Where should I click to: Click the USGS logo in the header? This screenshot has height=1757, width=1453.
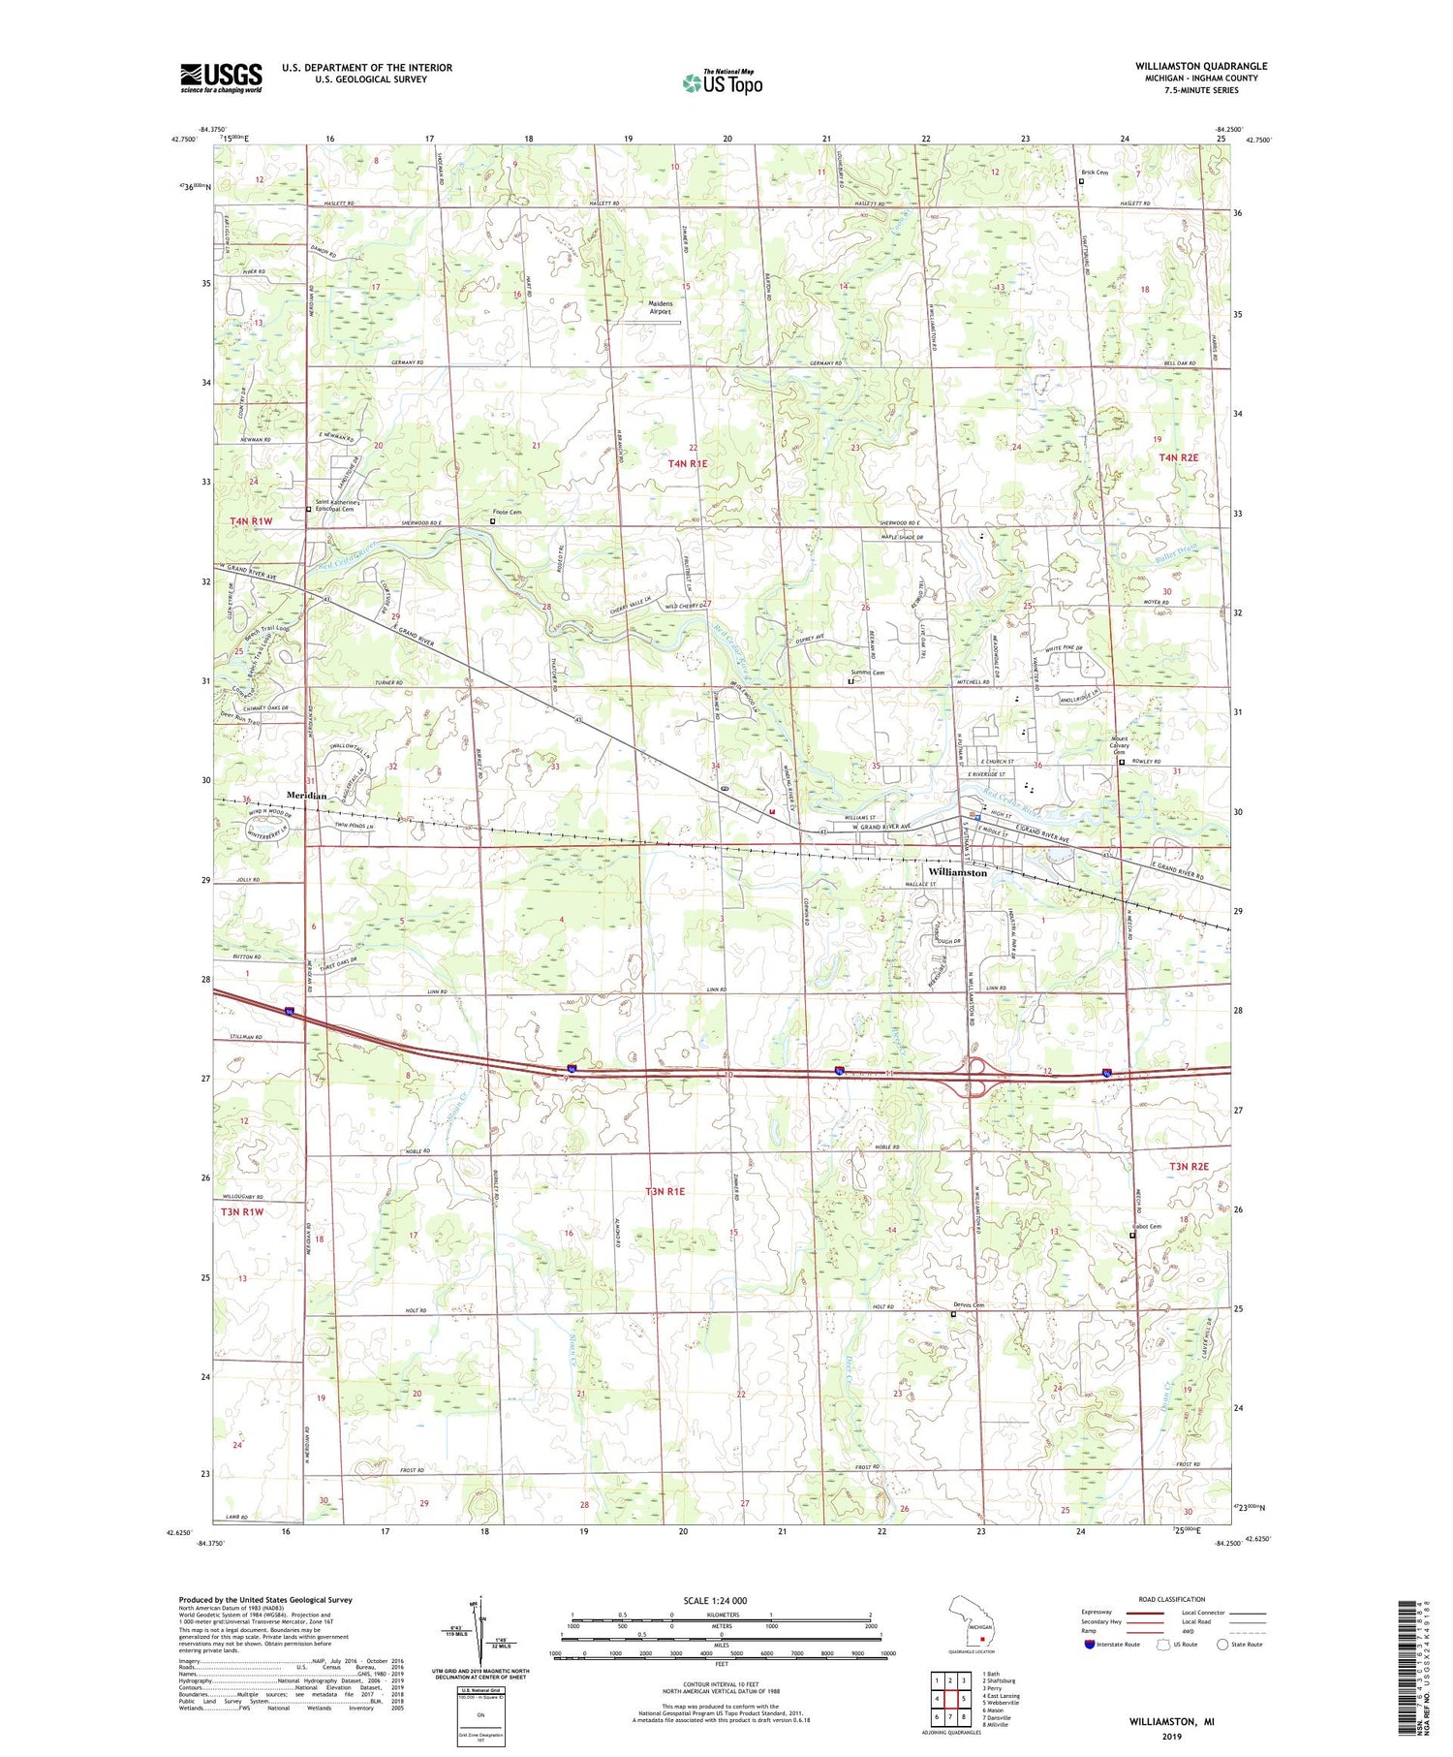(221, 78)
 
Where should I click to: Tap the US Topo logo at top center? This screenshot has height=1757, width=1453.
(722, 83)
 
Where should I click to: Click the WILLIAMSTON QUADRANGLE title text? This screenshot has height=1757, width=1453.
(1201, 66)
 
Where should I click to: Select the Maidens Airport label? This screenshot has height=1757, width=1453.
(660, 307)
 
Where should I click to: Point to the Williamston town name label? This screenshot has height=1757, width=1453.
(957, 872)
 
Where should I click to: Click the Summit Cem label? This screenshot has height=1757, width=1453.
(867, 673)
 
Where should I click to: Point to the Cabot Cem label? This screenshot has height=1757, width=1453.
(1147, 1226)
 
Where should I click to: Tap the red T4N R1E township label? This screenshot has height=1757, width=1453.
(688, 464)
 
